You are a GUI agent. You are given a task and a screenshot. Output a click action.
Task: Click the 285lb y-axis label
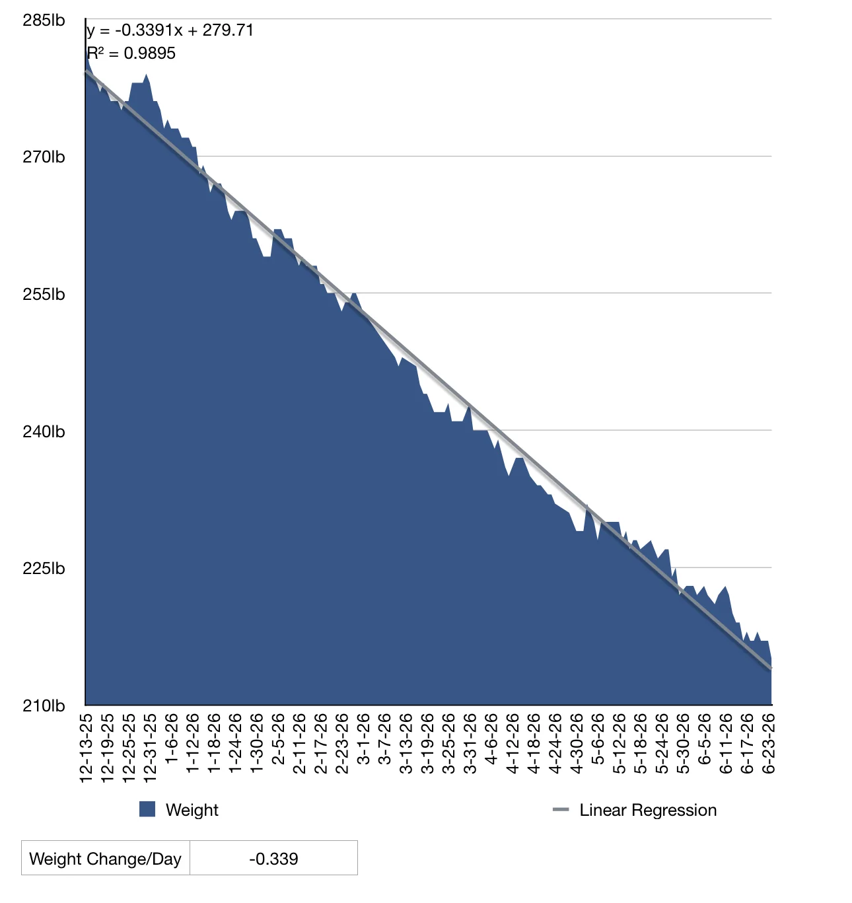point(44,20)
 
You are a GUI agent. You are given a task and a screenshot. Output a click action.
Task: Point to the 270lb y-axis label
point(44,157)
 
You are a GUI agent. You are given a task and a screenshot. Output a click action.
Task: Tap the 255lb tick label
point(44,295)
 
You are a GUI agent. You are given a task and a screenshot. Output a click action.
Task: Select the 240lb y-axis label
point(44,432)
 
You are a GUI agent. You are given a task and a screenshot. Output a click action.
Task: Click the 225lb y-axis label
point(44,569)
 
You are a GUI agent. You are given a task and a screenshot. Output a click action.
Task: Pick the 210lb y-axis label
point(44,706)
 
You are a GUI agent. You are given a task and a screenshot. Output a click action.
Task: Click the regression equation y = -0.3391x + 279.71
point(170,30)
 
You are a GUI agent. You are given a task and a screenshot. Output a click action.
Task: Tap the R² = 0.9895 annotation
point(131,54)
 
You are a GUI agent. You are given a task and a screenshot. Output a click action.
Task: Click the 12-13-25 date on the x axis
point(86,748)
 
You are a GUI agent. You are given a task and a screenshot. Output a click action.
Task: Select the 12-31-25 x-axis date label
point(150,748)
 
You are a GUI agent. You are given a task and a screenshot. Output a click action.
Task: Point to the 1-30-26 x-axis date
point(256,744)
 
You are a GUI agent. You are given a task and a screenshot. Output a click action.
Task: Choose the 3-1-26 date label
point(363,739)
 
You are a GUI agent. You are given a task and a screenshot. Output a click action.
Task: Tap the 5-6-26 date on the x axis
point(598,739)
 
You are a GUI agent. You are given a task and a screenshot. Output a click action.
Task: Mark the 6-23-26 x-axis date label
point(768,744)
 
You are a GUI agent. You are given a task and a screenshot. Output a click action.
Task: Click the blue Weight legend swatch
point(147,809)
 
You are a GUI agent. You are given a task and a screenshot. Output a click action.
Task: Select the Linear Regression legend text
point(648,810)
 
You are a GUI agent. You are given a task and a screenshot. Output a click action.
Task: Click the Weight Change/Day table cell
point(106,858)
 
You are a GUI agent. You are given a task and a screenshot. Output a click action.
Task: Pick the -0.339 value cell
point(273,858)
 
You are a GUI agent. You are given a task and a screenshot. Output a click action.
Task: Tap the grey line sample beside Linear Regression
point(561,809)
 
